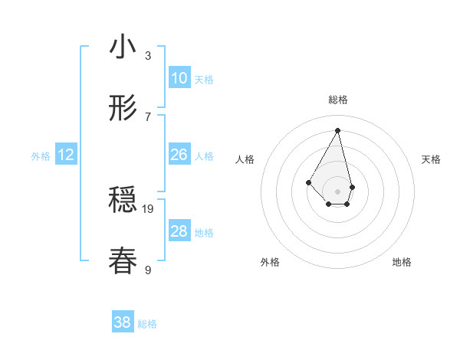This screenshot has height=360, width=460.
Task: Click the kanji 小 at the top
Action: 123,47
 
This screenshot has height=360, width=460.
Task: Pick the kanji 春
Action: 123,260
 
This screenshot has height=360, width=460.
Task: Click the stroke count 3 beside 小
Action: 148,55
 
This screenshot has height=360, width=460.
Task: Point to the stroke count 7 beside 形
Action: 148,116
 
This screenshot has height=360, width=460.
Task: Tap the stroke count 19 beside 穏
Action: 149,208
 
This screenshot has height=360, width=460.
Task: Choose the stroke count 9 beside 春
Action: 148,269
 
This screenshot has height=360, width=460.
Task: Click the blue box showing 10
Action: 179,78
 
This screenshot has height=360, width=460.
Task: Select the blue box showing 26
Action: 179,155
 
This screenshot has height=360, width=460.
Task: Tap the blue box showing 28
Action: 179,231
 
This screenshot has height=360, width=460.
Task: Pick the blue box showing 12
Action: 66,155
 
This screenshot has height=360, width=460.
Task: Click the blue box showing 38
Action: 123,322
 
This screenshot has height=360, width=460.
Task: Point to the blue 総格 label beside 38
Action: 147,324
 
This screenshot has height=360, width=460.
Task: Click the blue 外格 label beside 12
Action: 41,156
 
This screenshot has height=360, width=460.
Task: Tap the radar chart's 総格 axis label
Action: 338,100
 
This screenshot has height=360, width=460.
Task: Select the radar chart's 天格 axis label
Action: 432,159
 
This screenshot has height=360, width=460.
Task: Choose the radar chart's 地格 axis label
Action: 402,262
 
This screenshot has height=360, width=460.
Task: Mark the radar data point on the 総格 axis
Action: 338,130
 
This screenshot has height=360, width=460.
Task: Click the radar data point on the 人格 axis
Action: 308,182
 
